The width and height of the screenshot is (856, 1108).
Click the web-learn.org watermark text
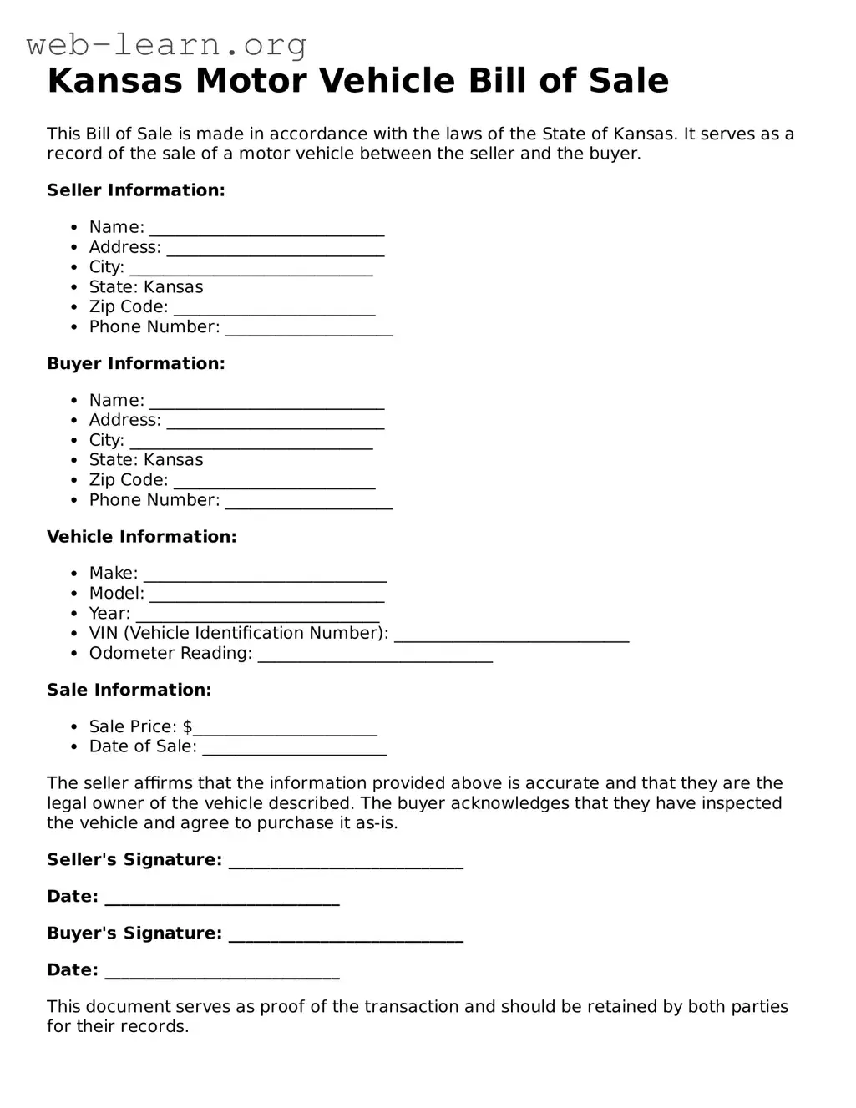[166, 44]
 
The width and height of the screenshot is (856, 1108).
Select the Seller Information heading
[136, 190]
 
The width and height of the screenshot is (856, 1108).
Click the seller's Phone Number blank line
[309, 331]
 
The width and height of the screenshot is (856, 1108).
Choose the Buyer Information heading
[136, 364]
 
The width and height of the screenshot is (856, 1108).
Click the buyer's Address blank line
[275, 425]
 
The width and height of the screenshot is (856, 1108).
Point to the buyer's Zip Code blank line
[274, 485]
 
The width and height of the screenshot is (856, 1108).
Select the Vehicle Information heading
[142, 537]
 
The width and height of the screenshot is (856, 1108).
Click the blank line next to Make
[265, 578]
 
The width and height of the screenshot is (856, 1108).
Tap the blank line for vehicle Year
[257, 618]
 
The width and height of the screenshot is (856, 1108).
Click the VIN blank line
[511, 638]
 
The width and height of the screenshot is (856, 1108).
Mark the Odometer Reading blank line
[375, 658]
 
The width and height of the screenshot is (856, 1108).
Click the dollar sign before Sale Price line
[188, 727]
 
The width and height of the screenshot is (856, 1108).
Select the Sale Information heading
[129, 691]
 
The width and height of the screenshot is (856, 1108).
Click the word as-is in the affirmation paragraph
[377, 823]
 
